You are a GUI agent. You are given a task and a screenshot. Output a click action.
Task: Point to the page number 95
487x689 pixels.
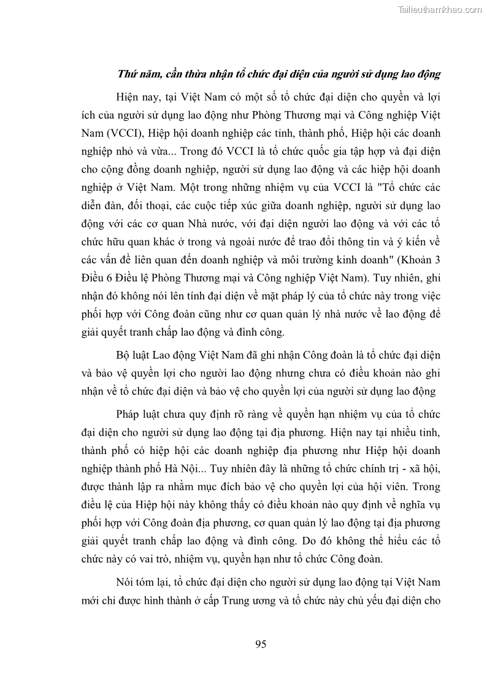260,644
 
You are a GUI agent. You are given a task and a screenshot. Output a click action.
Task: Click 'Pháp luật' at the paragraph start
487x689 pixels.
137,414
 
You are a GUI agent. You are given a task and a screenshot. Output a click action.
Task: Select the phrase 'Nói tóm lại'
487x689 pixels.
142,582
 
